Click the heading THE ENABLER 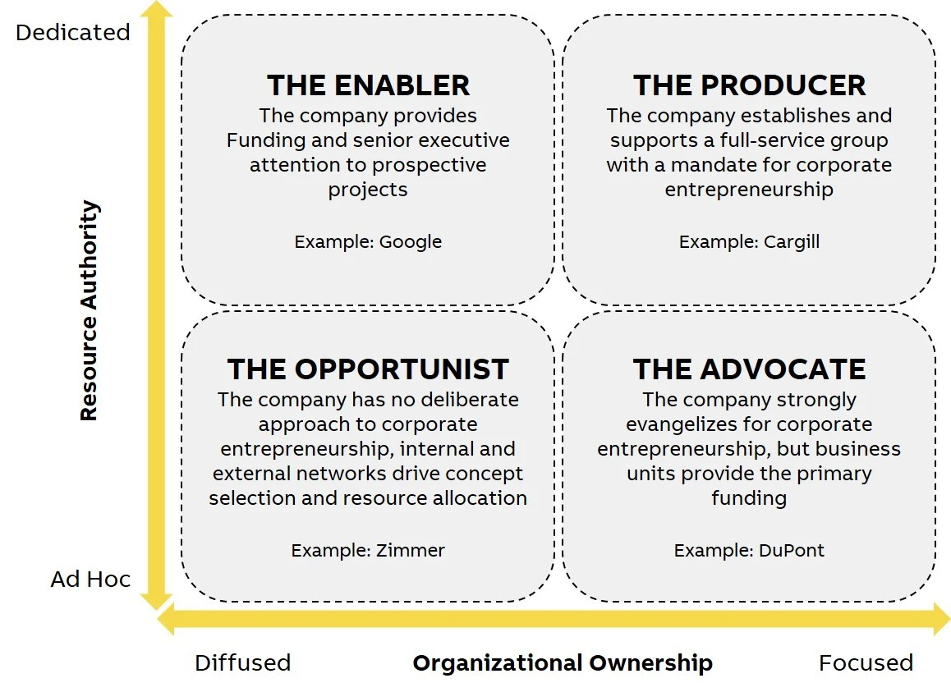368,85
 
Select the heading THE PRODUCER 749,85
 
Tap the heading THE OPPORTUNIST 368,369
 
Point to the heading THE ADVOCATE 749,369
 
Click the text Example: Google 368,242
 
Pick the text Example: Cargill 749,242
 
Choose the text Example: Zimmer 368,550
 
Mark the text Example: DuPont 749,550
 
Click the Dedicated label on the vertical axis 73,32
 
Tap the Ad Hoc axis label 90,580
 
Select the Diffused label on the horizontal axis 242,663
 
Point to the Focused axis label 866,663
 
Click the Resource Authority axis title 90,310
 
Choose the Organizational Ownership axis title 563,663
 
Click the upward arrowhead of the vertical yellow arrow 157,10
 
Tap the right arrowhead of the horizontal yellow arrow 941,619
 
